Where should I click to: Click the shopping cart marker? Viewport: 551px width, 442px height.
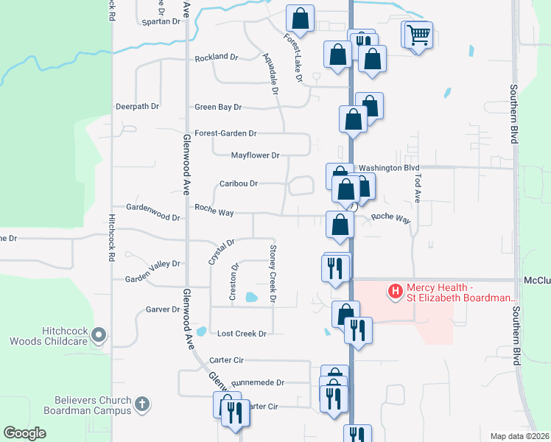tap(418, 34)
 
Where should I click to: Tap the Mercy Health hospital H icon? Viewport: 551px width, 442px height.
tap(396, 292)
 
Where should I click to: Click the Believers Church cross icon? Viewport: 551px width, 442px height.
tap(142, 404)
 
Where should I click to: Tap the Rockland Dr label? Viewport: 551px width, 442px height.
tap(217, 57)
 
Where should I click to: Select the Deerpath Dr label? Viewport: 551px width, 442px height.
tap(137, 107)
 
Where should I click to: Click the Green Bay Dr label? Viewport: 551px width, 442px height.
tap(218, 108)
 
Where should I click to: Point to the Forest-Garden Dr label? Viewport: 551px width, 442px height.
tap(225, 134)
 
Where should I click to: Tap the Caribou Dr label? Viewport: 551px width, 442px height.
tap(239, 183)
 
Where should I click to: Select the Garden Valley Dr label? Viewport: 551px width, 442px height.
tap(152, 263)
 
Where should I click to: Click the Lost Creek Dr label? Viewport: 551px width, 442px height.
tap(242, 334)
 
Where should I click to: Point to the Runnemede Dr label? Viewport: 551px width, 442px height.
tap(258, 383)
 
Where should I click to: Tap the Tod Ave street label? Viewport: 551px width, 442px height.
tap(416, 190)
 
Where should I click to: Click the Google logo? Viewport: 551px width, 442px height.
tap(25, 433)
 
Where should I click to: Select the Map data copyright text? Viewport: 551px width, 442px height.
tap(519, 436)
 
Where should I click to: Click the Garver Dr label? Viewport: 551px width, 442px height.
tap(163, 310)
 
